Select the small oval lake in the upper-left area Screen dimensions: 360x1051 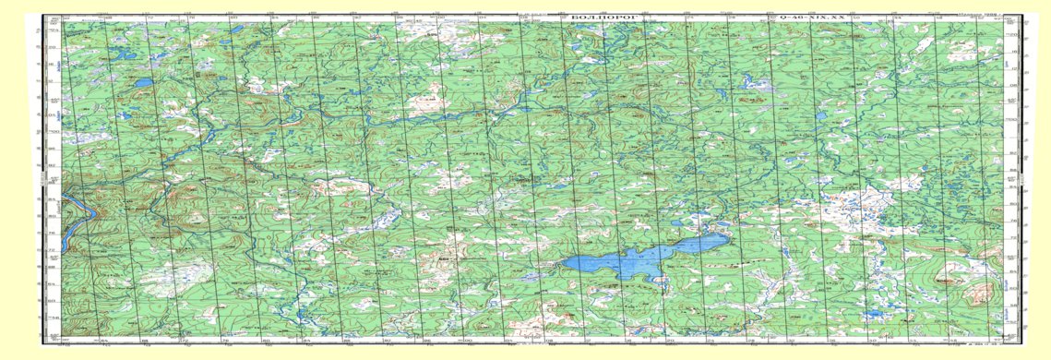tap(144, 82)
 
